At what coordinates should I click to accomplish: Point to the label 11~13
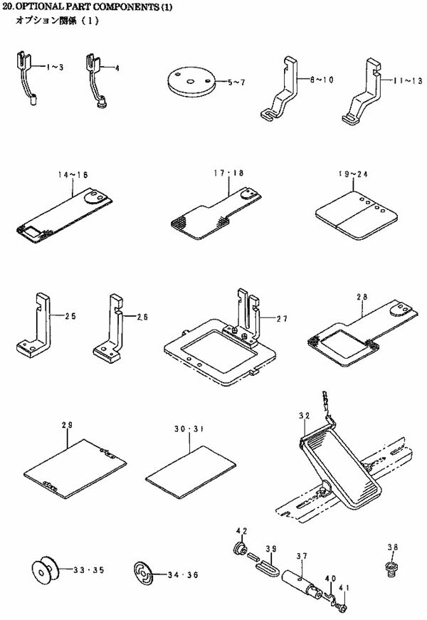[x=404, y=82]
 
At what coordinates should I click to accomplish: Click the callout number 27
[x=282, y=319]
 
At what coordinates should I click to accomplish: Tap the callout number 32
[x=304, y=415]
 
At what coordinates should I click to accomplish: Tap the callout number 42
[x=241, y=531]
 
